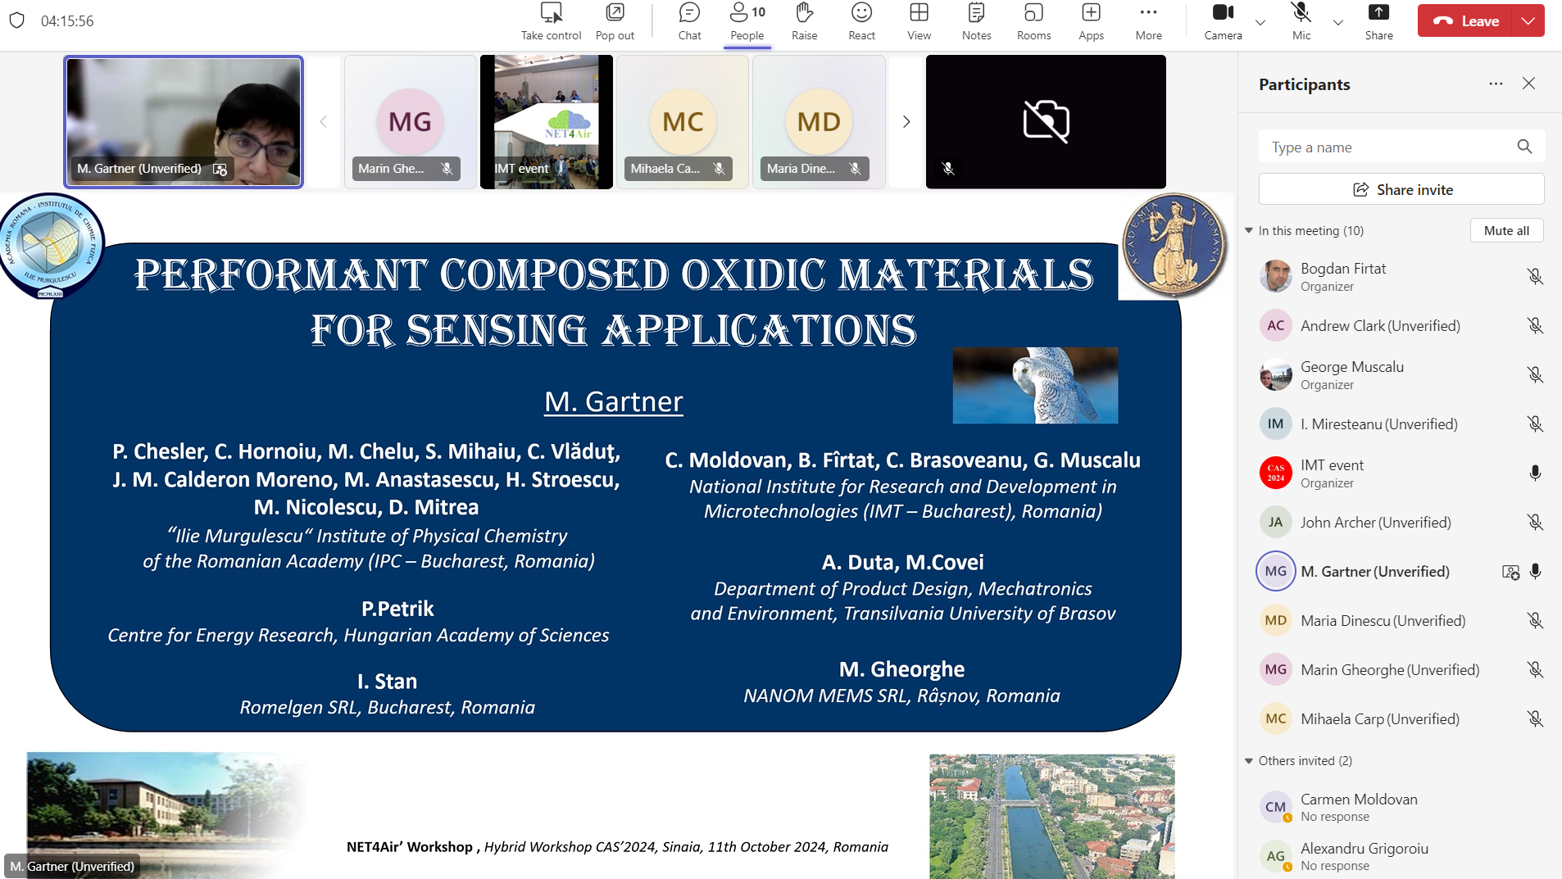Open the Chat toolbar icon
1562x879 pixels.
click(689, 21)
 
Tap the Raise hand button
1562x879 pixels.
click(804, 21)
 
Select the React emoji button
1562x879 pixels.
click(861, 21)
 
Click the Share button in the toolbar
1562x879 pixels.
click(1378, 21)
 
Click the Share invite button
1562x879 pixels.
click(1401, 189)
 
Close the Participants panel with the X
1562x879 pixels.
click(1528, 84)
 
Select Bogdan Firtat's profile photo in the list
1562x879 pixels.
click(1275, 277)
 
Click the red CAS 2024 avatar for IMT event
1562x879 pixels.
click(1275, 473)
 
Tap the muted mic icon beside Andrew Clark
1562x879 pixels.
click(1535, 326)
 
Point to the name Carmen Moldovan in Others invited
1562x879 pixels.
click(1359, 800)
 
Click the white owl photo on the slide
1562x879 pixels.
click(1035, 385)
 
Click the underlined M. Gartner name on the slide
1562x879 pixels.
click(613, 401)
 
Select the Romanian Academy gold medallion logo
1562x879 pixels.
click(1174, 244)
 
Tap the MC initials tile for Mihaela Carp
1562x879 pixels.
click(683, 122)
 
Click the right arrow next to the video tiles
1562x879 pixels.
click(906, 122)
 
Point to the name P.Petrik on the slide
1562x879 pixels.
click(397, 609)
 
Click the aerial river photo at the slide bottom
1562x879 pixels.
click(1051, 816)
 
